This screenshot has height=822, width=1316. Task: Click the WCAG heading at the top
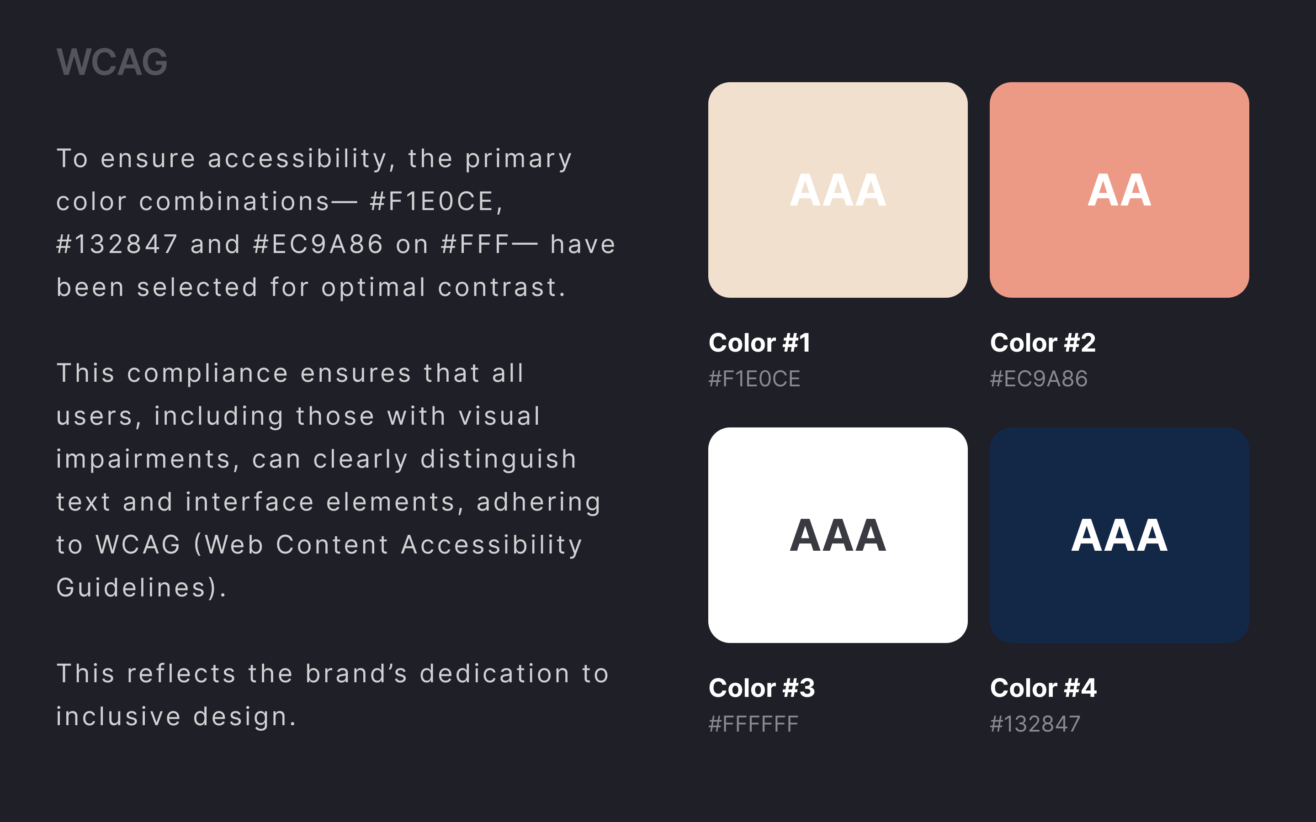[x=112, y=62]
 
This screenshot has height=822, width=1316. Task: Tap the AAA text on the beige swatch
[x=838, y=190]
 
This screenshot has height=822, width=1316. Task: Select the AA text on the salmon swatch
[x=1119, y=190]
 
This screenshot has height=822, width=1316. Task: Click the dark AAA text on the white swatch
[x=838, y=536]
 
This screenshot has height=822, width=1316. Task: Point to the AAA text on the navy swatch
[x=1119, y=536]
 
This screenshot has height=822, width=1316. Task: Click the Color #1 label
[x=760, y=343]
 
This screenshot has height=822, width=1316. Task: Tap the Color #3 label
[x=762, y=688]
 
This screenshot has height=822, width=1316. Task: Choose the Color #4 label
[x=1044, y=688]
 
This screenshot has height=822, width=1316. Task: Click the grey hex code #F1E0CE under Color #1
[x=754, y=379]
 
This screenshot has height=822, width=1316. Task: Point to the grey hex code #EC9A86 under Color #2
[x=1039, y=379]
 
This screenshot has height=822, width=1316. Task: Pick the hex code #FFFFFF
[x=754, y=724]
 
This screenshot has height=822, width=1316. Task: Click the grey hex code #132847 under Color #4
[x=1035, y=724]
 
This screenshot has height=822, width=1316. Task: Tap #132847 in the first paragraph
[x=117, y=245]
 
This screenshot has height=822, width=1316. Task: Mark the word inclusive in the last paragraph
[x=118, y=717]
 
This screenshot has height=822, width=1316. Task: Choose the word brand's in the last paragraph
[x=356, y=674]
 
